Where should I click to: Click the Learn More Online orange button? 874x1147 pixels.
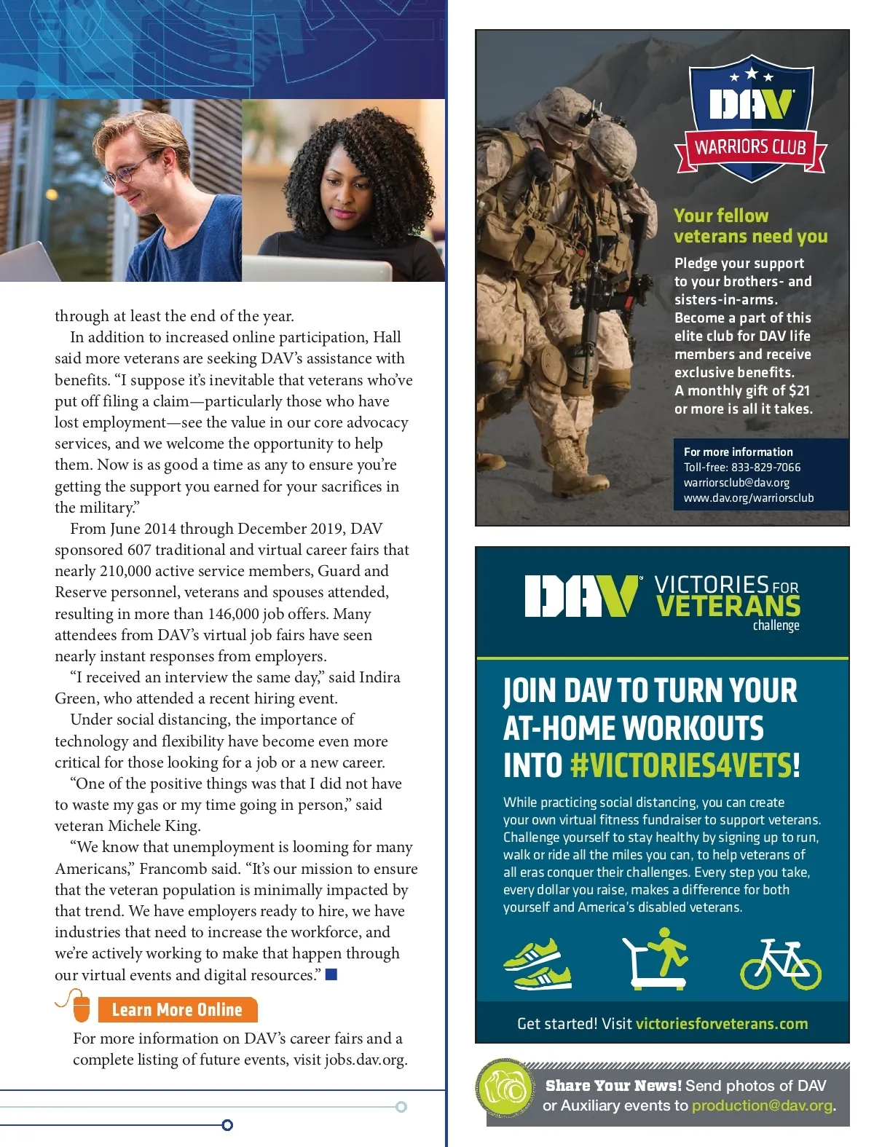(x=177, y=1009)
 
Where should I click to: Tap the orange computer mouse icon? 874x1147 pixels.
(x=81, y=1007)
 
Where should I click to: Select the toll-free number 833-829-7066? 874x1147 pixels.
(x=765, y=468)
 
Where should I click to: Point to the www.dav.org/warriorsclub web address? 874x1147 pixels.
(x=748, y=498)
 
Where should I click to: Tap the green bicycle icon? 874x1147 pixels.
(x=780, y=963)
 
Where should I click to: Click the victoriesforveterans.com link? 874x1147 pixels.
(x=721, y=1024)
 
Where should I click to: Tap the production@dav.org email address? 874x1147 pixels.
(x=762, y=1105)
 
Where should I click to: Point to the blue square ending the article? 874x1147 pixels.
(x=331, y=974)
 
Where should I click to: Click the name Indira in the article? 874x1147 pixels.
(x=379, y=677)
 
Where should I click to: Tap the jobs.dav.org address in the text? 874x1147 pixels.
(x=365, y=1060)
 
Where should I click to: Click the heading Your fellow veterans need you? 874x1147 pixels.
(x=750, y=226)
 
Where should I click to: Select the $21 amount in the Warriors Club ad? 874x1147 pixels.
(x=799, y=390)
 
